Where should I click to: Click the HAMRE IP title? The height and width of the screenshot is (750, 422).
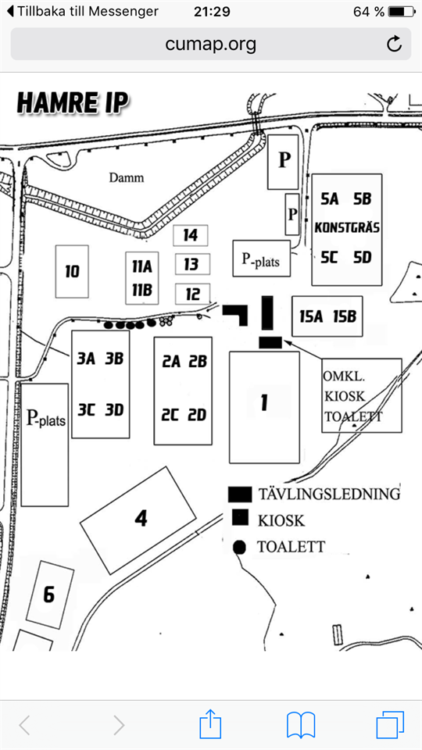pos(73,103)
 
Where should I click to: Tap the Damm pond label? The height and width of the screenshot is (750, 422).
pos(127,178)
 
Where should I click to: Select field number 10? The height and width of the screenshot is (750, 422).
pos(72,272)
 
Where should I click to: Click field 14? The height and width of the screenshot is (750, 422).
pos(191,235)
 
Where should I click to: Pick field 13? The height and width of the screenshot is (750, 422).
pos(191,264)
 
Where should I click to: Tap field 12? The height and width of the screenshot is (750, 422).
pos(192,294)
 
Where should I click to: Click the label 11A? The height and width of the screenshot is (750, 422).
pos(142,266)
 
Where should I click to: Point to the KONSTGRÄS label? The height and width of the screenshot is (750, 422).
pos(347,227)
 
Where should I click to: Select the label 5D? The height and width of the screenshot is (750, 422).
pos(362,257)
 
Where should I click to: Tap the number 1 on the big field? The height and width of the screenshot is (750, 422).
pos(263,403)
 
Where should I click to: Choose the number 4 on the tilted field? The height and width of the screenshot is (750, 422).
pos(141,519)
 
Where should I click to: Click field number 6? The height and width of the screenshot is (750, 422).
pos(48,595)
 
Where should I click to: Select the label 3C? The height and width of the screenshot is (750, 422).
pos(86,410)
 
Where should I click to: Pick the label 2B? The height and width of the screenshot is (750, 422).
pos(198,362)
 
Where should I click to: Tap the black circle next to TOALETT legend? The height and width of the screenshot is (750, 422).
pos(239,547)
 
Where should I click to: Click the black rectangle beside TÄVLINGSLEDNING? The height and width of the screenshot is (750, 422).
pos(240,495)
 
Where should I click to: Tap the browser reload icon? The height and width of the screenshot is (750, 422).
pos(394,44)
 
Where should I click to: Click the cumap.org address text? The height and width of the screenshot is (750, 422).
pos(210,44)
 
